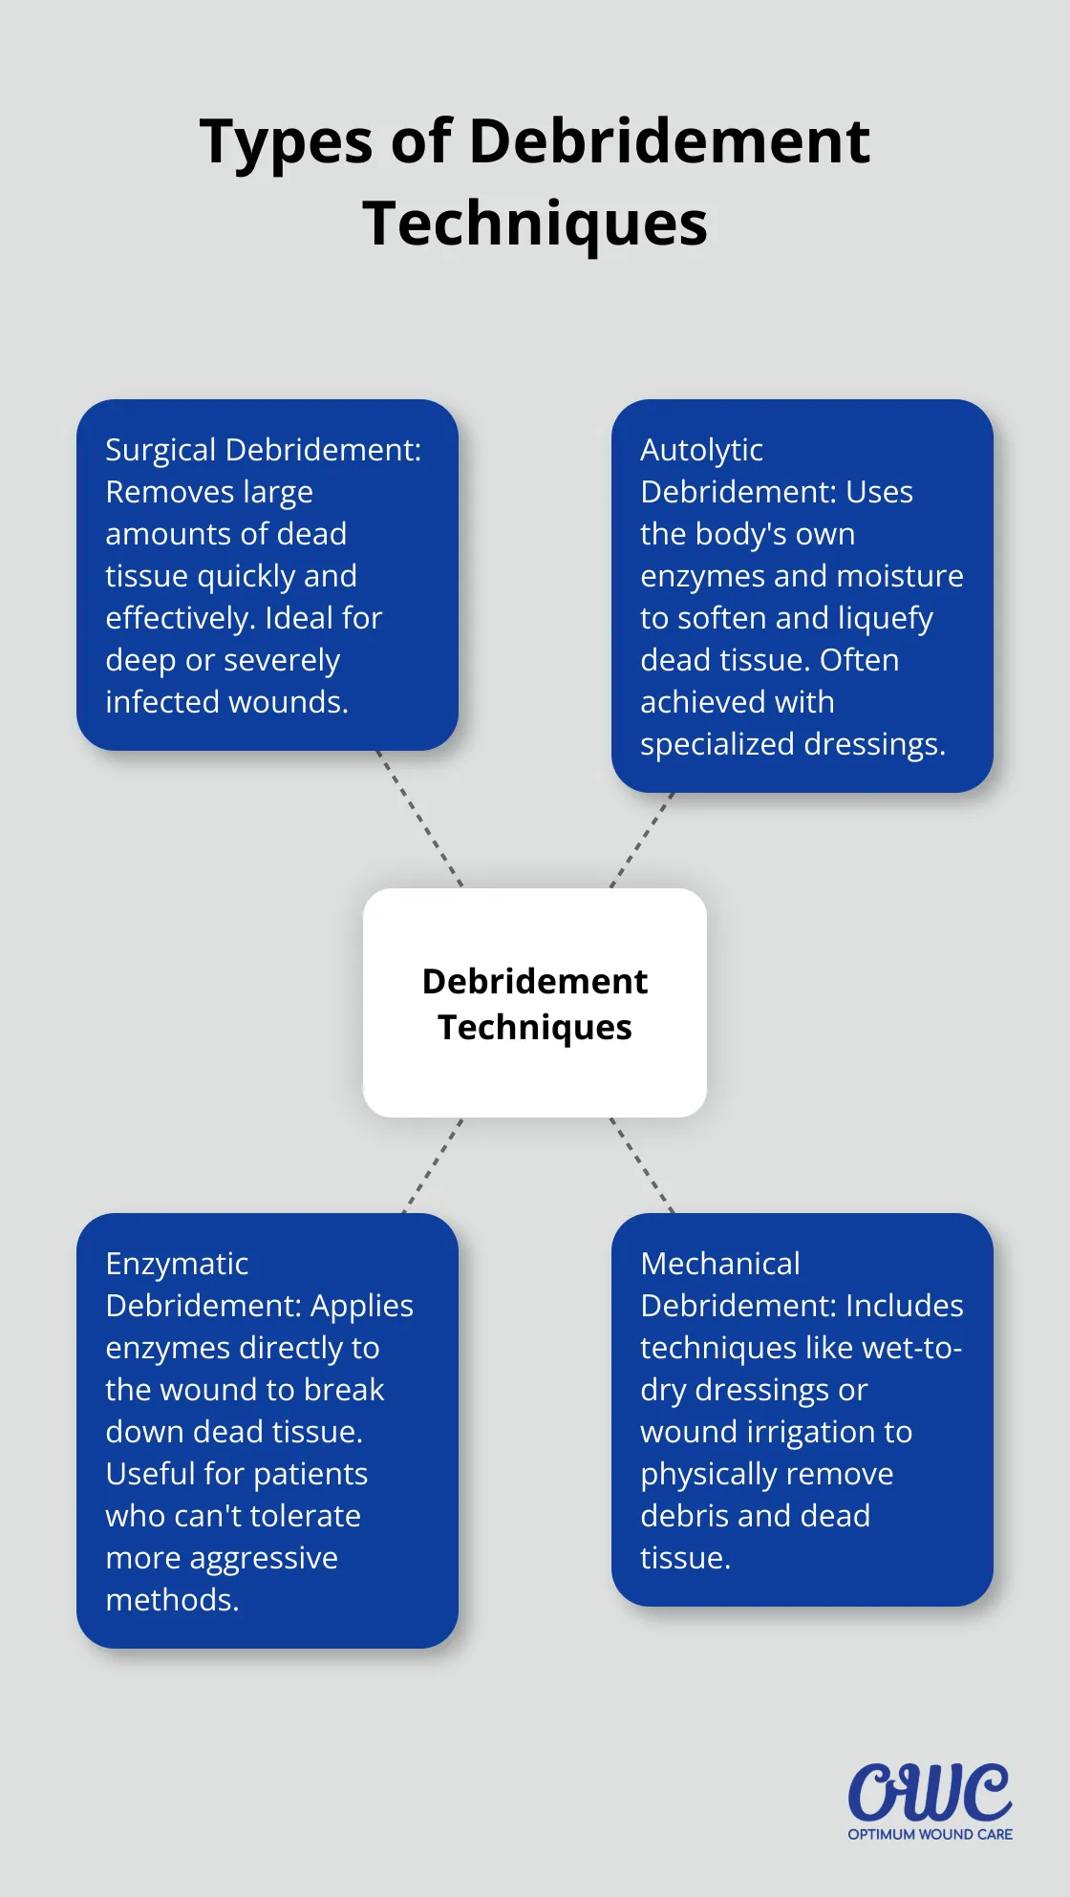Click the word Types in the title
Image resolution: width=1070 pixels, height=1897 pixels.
click(x=287, y=142)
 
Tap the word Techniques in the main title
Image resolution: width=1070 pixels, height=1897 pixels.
click(x=535, y=224)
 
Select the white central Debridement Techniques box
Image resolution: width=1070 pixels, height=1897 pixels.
click(x=535, y=1003)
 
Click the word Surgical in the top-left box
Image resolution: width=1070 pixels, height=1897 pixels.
click(x=161, y=450)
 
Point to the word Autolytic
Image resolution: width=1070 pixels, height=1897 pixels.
click(x=701, y=450)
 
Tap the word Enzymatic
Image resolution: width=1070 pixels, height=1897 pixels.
click(x=177, y=1264)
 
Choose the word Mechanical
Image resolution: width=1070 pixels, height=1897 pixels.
click(x=720, y=1264)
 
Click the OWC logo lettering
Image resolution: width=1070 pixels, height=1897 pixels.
click(x=930, y=1793)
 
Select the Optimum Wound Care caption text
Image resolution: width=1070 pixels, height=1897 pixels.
click(x=930, y=1834)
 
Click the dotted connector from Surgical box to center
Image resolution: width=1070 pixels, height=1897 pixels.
click(x=420, y=819)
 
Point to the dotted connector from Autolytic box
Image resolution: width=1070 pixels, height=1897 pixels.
click(x=642, y=840)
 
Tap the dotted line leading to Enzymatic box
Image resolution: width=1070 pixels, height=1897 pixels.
click(x=432, y=1165)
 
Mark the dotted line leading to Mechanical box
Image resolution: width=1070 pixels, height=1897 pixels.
click(x=642, y=1165)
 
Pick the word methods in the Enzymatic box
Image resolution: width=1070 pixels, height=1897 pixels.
click(x=172, y=1600)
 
